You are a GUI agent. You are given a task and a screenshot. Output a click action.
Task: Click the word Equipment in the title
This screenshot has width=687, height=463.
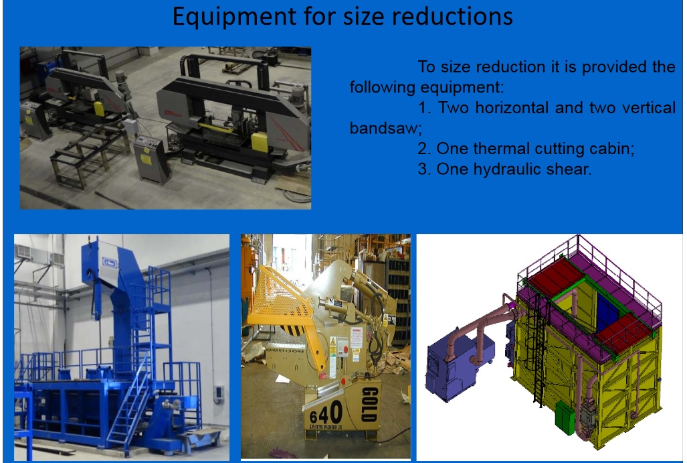coord(234,17)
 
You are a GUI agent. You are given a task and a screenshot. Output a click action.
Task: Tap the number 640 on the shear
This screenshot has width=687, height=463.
coord(325,414)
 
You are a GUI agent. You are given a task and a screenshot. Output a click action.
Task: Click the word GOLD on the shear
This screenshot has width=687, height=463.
coord(370,405)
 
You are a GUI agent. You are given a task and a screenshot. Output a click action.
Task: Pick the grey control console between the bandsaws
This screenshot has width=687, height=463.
coord(151,159)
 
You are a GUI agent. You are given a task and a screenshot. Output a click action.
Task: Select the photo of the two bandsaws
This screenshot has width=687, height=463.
coord(166,128)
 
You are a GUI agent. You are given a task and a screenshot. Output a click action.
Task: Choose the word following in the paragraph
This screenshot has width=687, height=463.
coord(383,87)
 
